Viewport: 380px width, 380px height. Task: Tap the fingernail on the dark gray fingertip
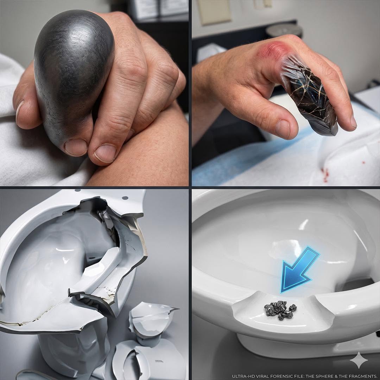coord(76,147)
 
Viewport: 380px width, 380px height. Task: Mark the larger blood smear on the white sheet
coord(325,175)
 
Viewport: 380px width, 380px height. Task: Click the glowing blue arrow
coord(300,270)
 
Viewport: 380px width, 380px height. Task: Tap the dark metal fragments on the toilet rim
coord(280,310)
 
